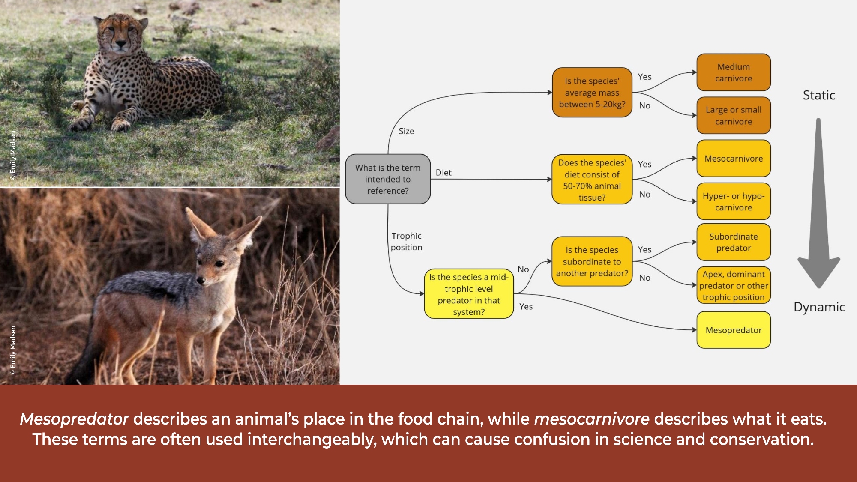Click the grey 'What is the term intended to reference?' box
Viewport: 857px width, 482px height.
click(388, 179)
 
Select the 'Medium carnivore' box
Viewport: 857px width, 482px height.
click(734, 72)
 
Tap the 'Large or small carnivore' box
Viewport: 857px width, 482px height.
click(734, 115)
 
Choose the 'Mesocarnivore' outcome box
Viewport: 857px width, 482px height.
click(734, 159)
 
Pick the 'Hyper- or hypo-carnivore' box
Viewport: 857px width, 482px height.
click(734, 201)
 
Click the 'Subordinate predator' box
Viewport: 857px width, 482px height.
click(734, 242)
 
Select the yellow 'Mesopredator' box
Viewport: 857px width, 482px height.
click(734, 330)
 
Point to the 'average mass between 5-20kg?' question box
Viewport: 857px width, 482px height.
click(592, 93)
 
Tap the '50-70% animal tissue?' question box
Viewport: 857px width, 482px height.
click(592, 180)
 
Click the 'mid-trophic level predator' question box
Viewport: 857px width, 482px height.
click(469, 294)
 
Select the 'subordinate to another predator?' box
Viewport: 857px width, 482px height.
click(592, 261)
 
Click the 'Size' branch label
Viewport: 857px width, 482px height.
click(406, 131)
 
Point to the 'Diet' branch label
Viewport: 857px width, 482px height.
click(443, 172)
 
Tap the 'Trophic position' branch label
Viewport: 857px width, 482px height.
click(406, 242)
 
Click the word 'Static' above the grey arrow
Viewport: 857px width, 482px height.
click(819, 95)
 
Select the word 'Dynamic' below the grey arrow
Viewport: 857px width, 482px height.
click(819, 307)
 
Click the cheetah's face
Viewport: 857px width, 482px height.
click(120, 34)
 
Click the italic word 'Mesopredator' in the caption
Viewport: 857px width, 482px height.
click(74, 419)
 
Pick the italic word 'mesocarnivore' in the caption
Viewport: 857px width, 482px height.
click(592, 419)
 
